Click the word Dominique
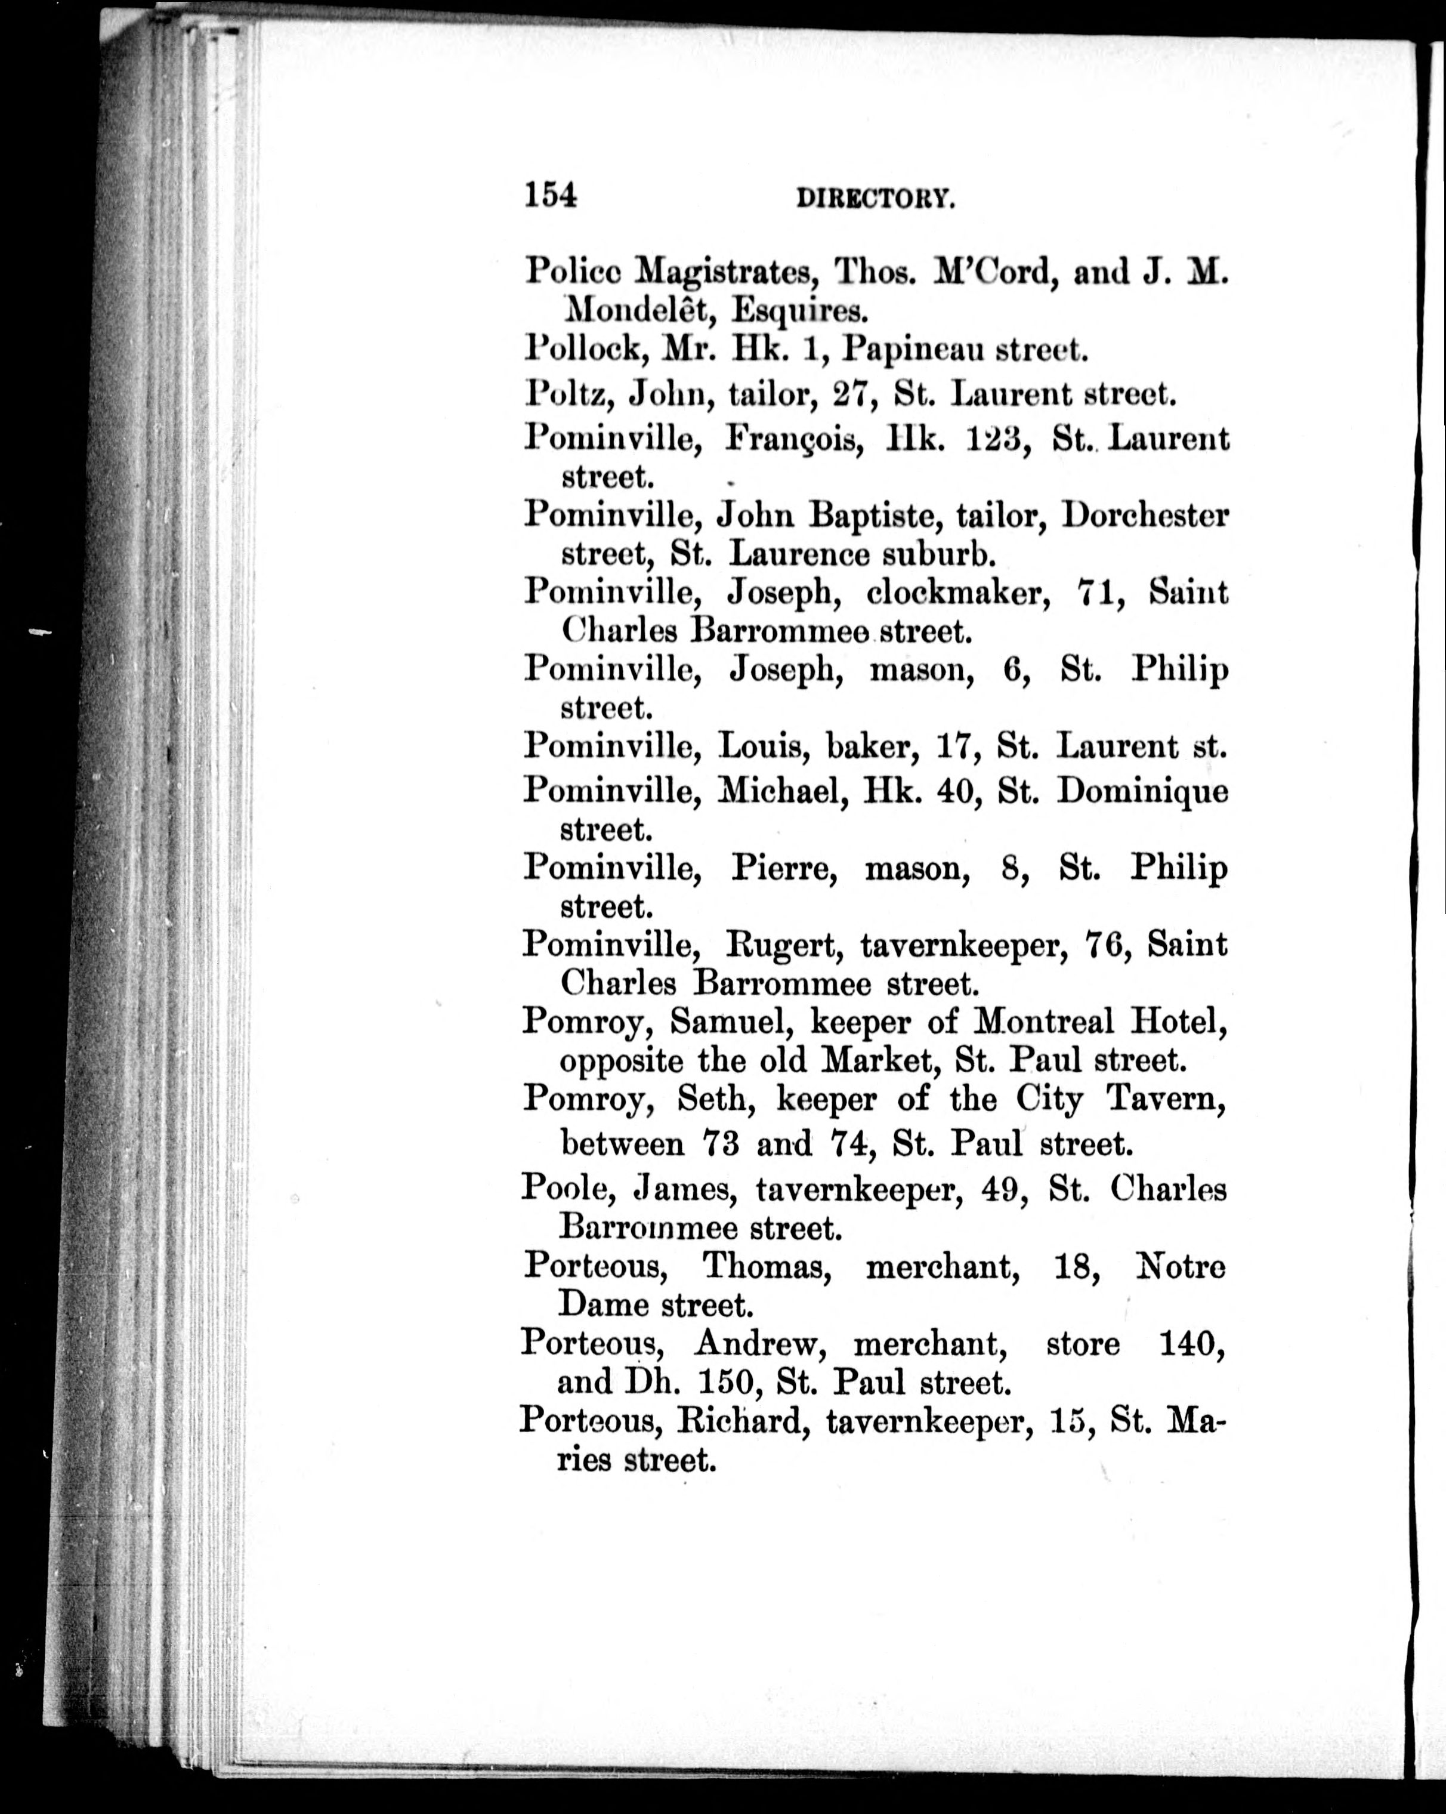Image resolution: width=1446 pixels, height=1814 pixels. click(x=1142, y=791)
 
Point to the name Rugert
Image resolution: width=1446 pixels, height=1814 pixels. click(x=785, y=946)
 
